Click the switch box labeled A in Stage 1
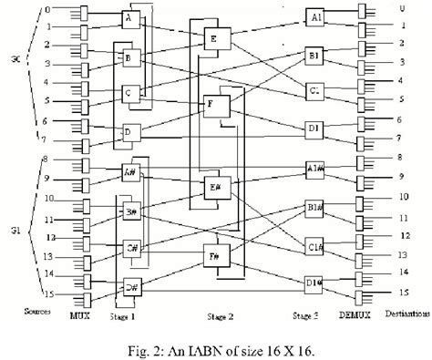131,20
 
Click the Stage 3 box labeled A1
316,18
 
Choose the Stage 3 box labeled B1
316,57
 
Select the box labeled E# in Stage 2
217,189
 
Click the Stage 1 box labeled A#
131,172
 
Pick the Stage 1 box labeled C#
131,248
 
